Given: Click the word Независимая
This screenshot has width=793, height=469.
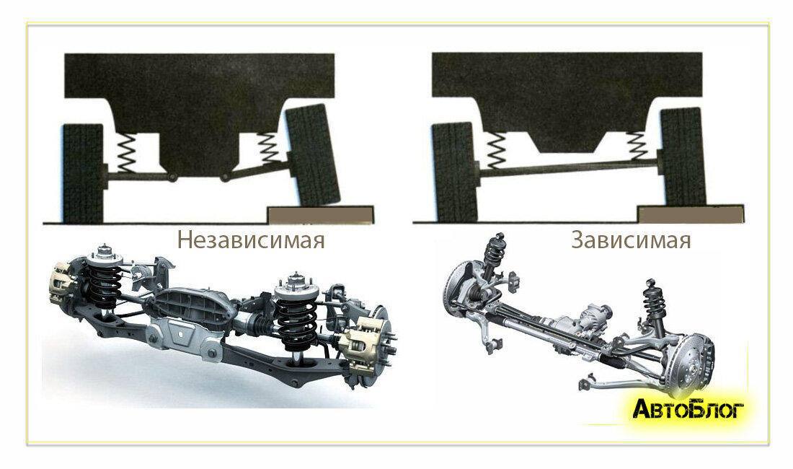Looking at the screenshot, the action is point(251,240).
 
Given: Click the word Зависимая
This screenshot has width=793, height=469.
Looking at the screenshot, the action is point(632,240).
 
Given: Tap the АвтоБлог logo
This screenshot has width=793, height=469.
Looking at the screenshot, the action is point(688,409).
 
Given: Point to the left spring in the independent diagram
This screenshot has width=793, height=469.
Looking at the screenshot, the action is point(126,153).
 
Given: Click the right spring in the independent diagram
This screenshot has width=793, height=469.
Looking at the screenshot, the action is point(269,148).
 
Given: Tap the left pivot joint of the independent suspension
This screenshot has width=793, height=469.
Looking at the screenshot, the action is point(172,177).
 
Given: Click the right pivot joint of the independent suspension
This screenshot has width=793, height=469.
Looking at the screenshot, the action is point(224,177).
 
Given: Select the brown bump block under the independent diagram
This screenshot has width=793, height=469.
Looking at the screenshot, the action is point(321,214).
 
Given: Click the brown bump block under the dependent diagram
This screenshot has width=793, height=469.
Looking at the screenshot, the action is point(691,214).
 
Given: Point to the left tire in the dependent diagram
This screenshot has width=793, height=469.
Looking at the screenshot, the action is point(454,172).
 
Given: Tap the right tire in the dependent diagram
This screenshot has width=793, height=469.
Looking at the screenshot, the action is point(683,157).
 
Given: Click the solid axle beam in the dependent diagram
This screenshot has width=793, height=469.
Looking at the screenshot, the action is point(568,168).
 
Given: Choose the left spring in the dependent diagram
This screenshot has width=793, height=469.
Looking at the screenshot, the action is point(495,151).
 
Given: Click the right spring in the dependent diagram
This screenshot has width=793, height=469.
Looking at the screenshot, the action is point(637,146).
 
